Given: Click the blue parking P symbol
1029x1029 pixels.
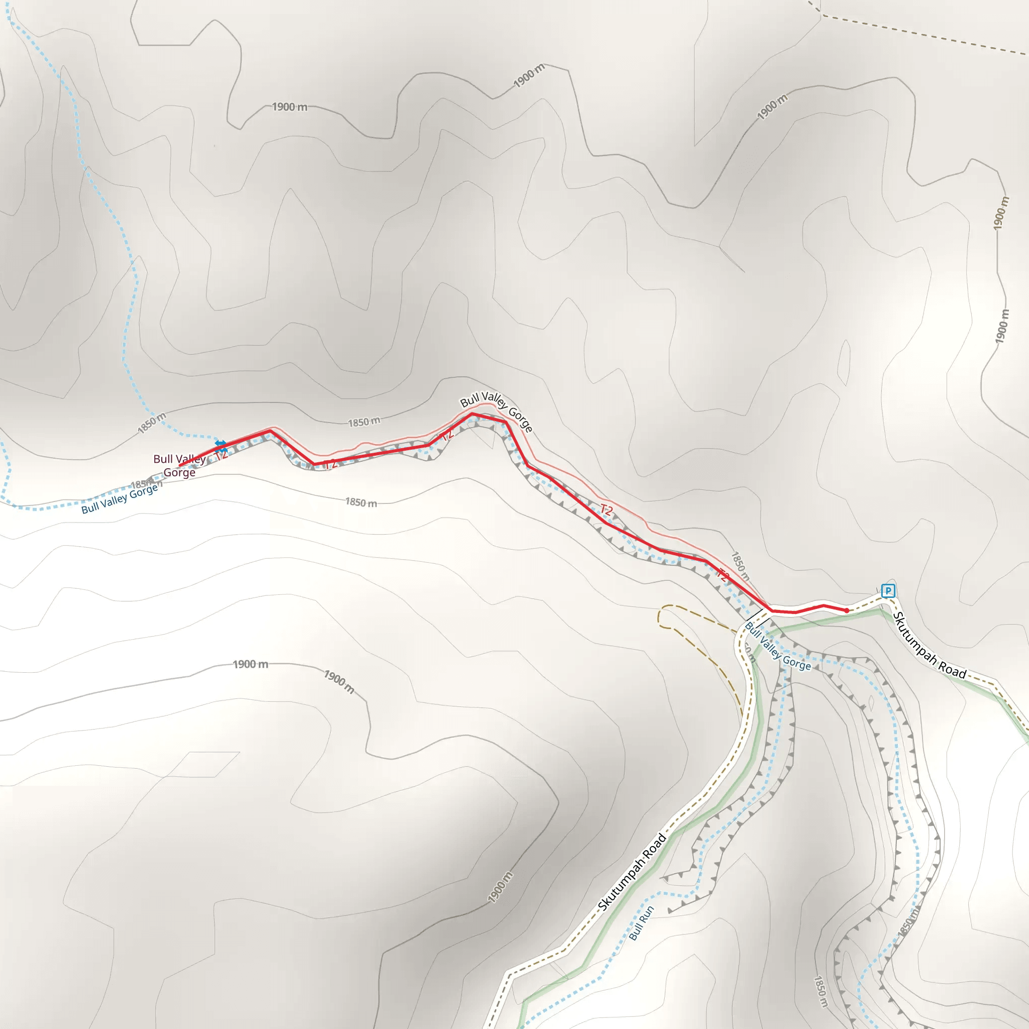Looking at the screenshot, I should pos(887,591).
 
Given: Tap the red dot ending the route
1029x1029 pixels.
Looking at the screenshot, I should pos(847,611).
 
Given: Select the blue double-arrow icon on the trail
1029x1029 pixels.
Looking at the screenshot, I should pos(220,444).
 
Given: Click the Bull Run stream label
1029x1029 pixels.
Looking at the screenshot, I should pos(641,923).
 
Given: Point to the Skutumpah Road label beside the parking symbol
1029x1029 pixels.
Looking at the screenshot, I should pos(929,646).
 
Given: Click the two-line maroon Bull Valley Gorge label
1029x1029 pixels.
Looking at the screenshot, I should pos(179,465).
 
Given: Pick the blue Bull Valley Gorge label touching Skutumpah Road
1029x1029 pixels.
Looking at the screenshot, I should pos(778,647).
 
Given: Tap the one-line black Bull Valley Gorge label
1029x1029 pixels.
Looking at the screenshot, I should pos(496,410).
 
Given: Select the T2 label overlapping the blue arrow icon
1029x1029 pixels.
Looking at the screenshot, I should pos(222,454).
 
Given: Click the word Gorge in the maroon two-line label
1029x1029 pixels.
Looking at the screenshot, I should pos(179,472).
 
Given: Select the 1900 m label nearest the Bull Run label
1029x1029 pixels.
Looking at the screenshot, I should pos(500,887).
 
